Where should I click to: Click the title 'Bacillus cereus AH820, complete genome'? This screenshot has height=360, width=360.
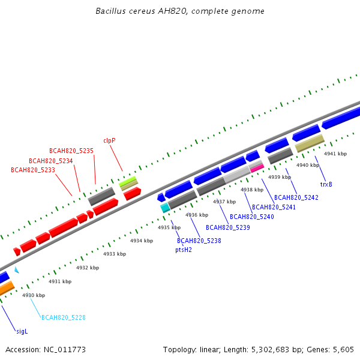tap(180, 11)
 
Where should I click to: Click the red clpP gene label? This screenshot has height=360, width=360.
tap(109, 140)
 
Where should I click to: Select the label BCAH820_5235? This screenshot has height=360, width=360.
tap(71, 151)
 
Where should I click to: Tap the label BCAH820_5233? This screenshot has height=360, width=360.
tap(33, 170)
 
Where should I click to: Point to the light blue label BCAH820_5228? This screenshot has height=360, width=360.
tap(64, 317)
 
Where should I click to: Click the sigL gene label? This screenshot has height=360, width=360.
tap(22, 331)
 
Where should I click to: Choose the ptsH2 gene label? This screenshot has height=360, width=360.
tap(184, 250)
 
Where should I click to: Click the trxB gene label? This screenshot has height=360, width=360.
tap(326, 184)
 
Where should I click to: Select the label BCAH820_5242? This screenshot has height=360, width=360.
tap(296, 197)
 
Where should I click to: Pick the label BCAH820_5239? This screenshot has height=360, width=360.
tap(228, 227)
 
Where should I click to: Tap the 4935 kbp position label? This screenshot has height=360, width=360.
tap(169, 227)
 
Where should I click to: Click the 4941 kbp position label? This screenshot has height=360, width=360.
tap(335, 154)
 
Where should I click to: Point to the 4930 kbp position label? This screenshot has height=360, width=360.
tap(34, 295)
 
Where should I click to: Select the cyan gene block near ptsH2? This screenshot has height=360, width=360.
tap(165, 208)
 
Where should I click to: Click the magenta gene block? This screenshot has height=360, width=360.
tap(257, 169)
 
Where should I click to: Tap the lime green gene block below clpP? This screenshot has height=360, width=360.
tap(128, 180)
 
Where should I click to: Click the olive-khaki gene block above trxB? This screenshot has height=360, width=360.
tap(310, 143)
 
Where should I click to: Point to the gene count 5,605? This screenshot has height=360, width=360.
tap(343, 349)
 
